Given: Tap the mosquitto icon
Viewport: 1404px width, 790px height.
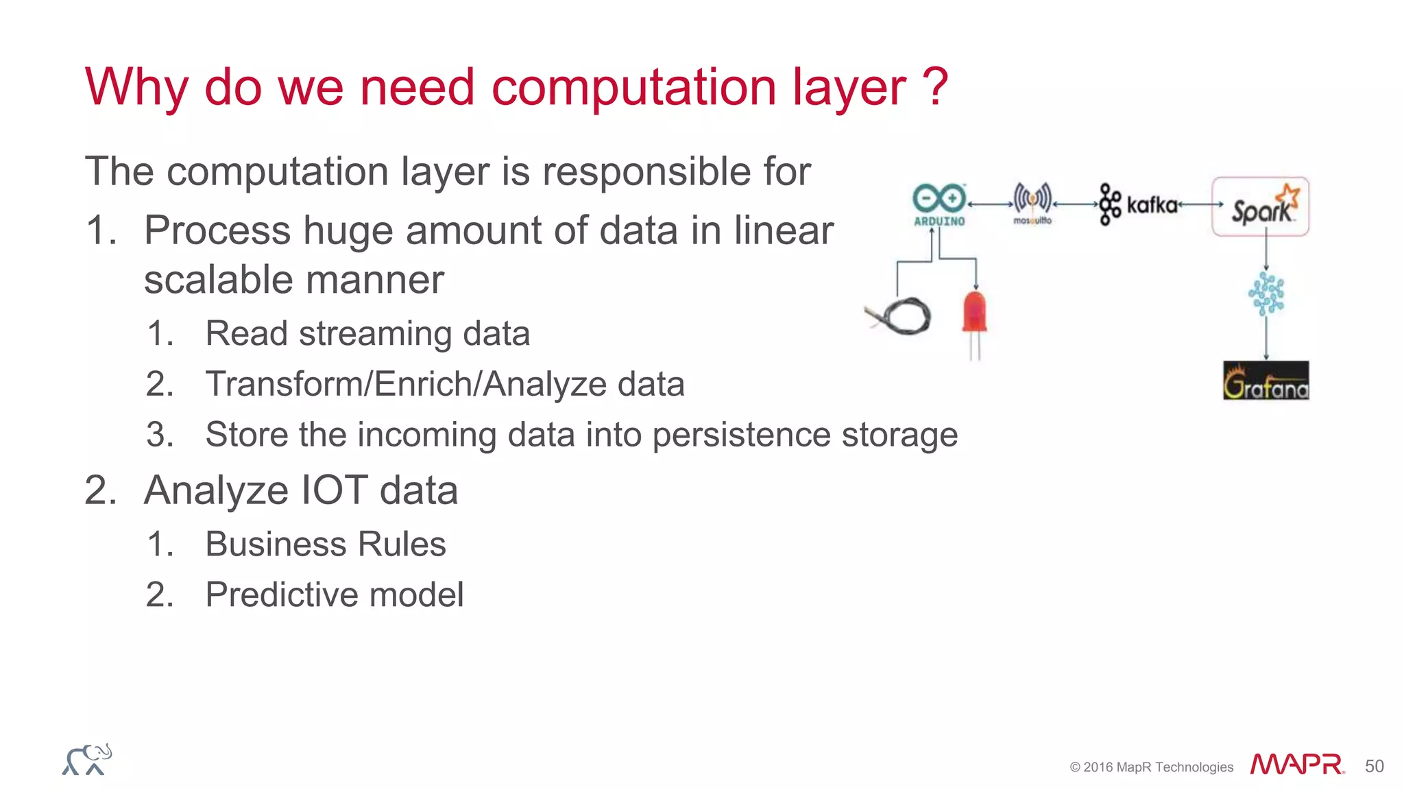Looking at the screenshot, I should [1032, 202].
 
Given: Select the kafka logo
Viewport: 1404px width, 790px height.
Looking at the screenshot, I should [1139, 204].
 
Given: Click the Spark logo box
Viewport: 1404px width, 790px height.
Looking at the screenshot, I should [1260, 206].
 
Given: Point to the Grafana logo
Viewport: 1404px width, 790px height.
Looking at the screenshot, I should [1266, 381].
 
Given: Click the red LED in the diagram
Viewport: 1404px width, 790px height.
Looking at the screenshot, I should [974, 314].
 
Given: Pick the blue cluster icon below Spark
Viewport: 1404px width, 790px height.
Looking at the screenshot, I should [1266, 294].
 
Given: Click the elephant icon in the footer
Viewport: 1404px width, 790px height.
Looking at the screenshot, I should [87, 760].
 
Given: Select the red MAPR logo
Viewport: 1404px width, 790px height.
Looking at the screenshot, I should [1296, 765].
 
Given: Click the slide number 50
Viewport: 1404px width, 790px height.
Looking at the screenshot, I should [1374, 766].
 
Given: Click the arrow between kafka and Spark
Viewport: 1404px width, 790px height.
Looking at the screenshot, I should [1200, 204].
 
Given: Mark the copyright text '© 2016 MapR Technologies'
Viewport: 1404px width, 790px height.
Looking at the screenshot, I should [1151, 767].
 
